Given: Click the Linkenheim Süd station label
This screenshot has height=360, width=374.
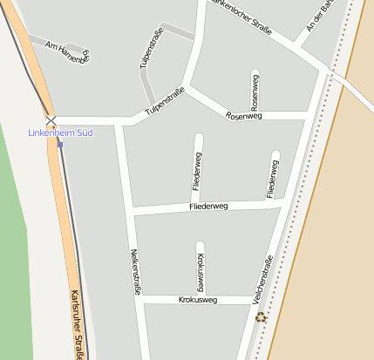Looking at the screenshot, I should pos(60,132).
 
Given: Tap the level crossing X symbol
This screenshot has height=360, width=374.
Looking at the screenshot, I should pos(51,120).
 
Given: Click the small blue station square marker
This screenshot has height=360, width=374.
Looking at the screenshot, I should pos(59,144).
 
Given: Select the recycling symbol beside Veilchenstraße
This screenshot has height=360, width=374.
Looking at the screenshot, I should pos(260,317).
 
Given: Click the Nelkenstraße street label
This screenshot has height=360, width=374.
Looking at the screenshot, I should pos(136,272).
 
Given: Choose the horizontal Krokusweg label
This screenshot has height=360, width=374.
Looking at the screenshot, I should pos(197,300).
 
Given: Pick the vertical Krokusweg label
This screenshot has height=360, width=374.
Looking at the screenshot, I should pos(201,272).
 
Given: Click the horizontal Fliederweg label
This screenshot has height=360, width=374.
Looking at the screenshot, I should pos(208,207).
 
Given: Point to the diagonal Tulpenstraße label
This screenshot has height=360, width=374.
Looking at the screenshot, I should pos(165,101).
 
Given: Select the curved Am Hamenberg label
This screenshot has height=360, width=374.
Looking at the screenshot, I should pos(68,52).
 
